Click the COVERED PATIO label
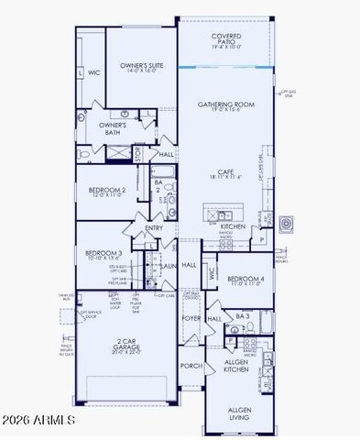coord(226,39)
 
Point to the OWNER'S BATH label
coord(113,128)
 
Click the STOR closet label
coord(139,152)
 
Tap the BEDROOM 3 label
coord(104,256)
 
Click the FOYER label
coord(190,319)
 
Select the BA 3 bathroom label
coord(242,316)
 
